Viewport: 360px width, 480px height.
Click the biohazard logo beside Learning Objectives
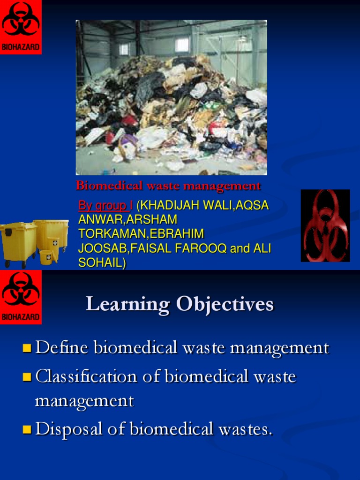21,297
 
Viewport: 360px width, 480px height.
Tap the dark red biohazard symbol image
325,225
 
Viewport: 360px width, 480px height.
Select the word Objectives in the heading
225,305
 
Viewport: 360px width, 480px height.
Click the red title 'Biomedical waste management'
168,186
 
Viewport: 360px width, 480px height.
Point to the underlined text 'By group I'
105,206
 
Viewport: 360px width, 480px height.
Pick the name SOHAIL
100,263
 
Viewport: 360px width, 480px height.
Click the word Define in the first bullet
61,348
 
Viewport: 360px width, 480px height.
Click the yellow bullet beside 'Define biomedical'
27,348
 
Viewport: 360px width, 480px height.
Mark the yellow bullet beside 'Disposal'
27,429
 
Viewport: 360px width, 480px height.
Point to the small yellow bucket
46,257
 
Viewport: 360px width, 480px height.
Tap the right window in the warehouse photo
181,45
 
